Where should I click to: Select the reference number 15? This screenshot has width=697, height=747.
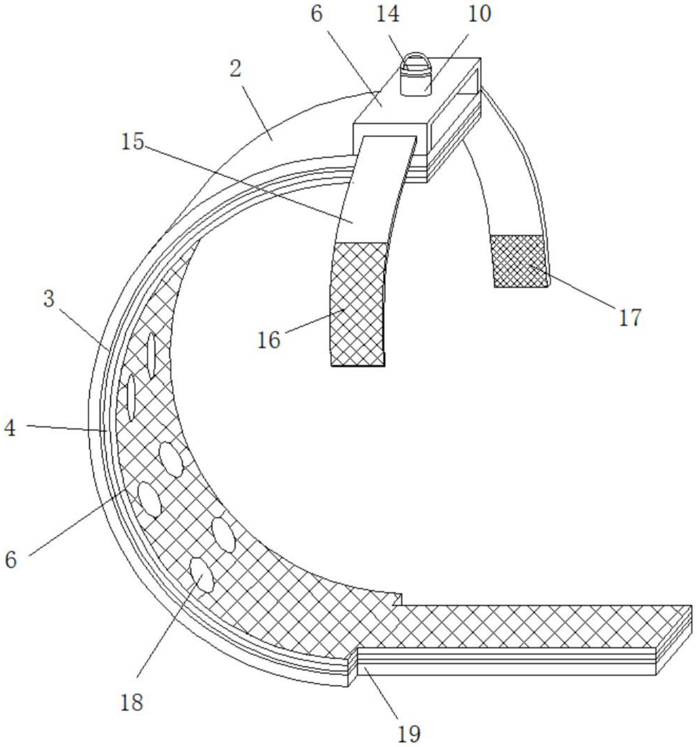pyautogui.click(x=132, y=141)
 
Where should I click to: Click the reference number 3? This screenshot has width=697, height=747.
pyautogui.click(x=49, y=299)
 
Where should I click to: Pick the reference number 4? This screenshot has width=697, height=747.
pyautogui.click(x=10, y=428)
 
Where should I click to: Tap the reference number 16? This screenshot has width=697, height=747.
pyautogui.click(x=269, y=340)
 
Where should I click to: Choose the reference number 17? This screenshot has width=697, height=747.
pyautogui.click(x=630, y=317)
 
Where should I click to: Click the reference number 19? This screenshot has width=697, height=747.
pyautogui.click(x=408, y=733)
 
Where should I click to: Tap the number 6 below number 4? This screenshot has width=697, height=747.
pyautogui.click(x=10, y=560)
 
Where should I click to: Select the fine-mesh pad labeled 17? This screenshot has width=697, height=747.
pyautogui.click(x=520, y=261)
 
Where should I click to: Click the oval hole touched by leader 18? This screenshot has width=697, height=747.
pyautogui.click(x=201, y=574)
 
